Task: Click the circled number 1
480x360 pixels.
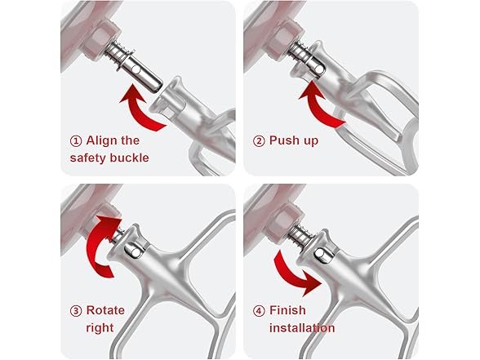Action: pos(76,141)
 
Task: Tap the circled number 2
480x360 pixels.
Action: pos(259,141)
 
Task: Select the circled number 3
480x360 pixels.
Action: pos(76,311)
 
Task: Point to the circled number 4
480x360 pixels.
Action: pos(259,311)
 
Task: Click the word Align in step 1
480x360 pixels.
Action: pos(100,140)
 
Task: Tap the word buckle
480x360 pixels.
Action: pos(130,158)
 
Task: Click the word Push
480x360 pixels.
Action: pos(283,140)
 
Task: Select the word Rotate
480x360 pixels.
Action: pos(105,310)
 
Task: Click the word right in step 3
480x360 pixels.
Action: pos(100,328)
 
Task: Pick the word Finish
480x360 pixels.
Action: pos(287,310)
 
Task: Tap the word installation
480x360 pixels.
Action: pos(302,328)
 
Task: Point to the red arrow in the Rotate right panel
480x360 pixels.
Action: pos(95,245)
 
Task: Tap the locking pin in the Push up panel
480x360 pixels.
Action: pos(319,70)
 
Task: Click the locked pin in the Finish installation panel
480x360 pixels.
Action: pos(322,254)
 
